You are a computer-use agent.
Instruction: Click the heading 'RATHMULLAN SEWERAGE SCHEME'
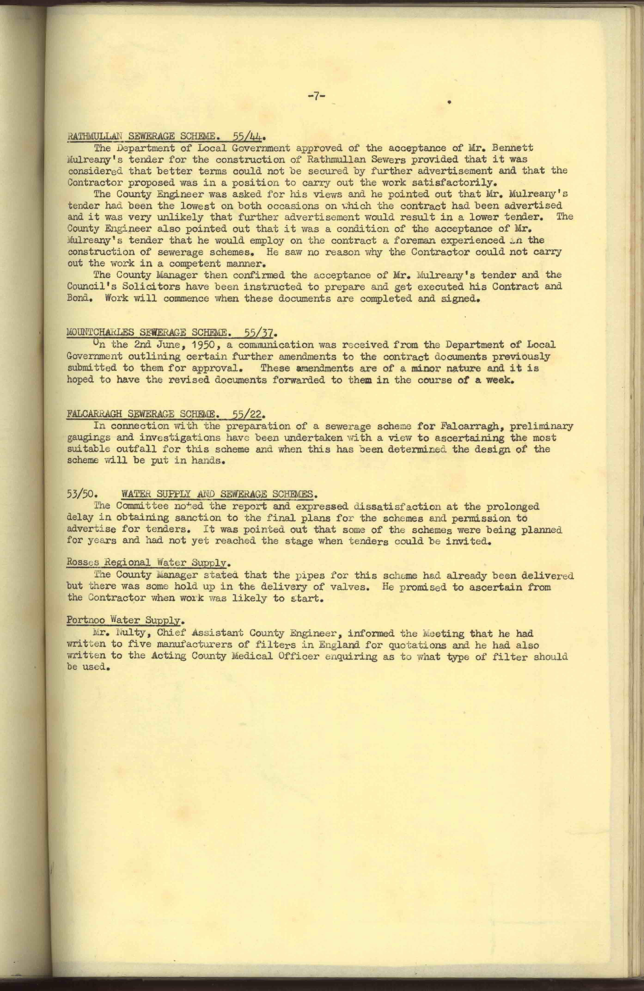tap(142, 136)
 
